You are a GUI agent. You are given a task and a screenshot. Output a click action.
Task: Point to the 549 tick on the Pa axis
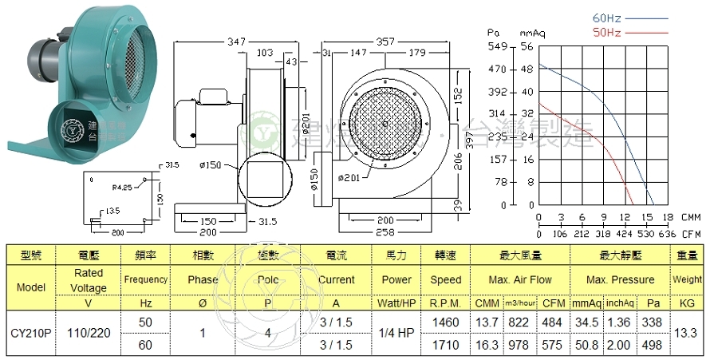(498, 47)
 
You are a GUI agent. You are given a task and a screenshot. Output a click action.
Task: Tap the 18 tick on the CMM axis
(669, 217)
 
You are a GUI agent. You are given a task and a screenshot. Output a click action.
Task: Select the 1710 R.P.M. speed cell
(445, 345)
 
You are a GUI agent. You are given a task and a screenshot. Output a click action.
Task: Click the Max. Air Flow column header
(519, 280)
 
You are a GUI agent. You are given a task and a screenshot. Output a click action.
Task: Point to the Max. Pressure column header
(620, 280)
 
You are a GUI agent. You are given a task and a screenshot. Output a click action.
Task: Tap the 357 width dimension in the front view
(385, 40)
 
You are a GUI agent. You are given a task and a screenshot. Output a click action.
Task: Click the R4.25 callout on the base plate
(122, 188)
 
